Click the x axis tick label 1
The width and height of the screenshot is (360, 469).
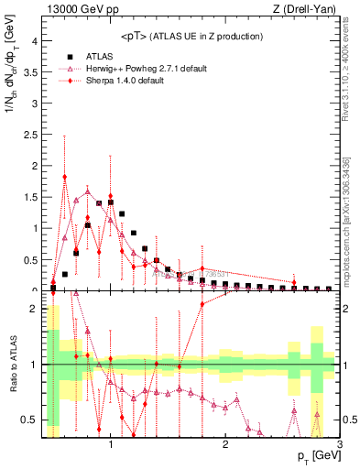tap(111, 446)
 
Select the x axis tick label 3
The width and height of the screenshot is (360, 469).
tap(339, 446)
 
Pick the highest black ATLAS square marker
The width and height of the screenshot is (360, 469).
tap(111, 202)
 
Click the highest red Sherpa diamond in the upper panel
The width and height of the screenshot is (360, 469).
tap(65, 177)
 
